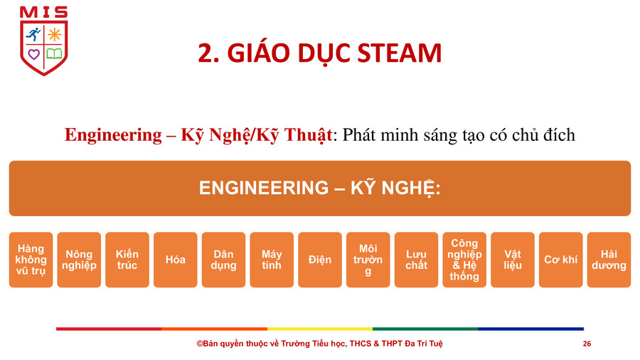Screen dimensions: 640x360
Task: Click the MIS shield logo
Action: click(x=43, y=41)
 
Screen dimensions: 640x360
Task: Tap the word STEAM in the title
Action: click(x=399, y=53)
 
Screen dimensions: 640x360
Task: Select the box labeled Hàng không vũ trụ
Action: click(x=31, y=260)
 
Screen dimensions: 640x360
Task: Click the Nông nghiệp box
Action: click(x=79, y=260)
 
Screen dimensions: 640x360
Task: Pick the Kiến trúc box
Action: click(x=127, y=260)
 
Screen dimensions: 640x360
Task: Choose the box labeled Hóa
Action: click(x=176, y=260)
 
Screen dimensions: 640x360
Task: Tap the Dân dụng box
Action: click(x=224, y=260)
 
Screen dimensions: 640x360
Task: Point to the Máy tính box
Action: click(x=272, y=260)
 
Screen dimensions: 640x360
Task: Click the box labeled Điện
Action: click(x=320, y=260)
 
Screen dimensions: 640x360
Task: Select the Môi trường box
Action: click(x=368, y=260)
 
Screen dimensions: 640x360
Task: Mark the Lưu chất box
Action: click(x=416, y=260)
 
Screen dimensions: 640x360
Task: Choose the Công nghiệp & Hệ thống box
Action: click(x=464, y=260)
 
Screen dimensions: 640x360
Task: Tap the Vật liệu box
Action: click(x=513, y=260)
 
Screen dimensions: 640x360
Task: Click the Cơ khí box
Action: click(x=561, y=260)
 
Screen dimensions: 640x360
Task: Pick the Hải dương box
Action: click(x=609, y=260)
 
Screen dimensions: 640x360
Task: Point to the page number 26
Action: click(x=587, y=344)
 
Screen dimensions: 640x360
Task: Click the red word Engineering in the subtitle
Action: click(x=113, y=135)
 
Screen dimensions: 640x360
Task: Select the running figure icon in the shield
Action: click(x=33, y=34)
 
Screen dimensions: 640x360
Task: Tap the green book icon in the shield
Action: click(x=54, y=53)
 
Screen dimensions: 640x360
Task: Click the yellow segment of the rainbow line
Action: click(x=320, y=329)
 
